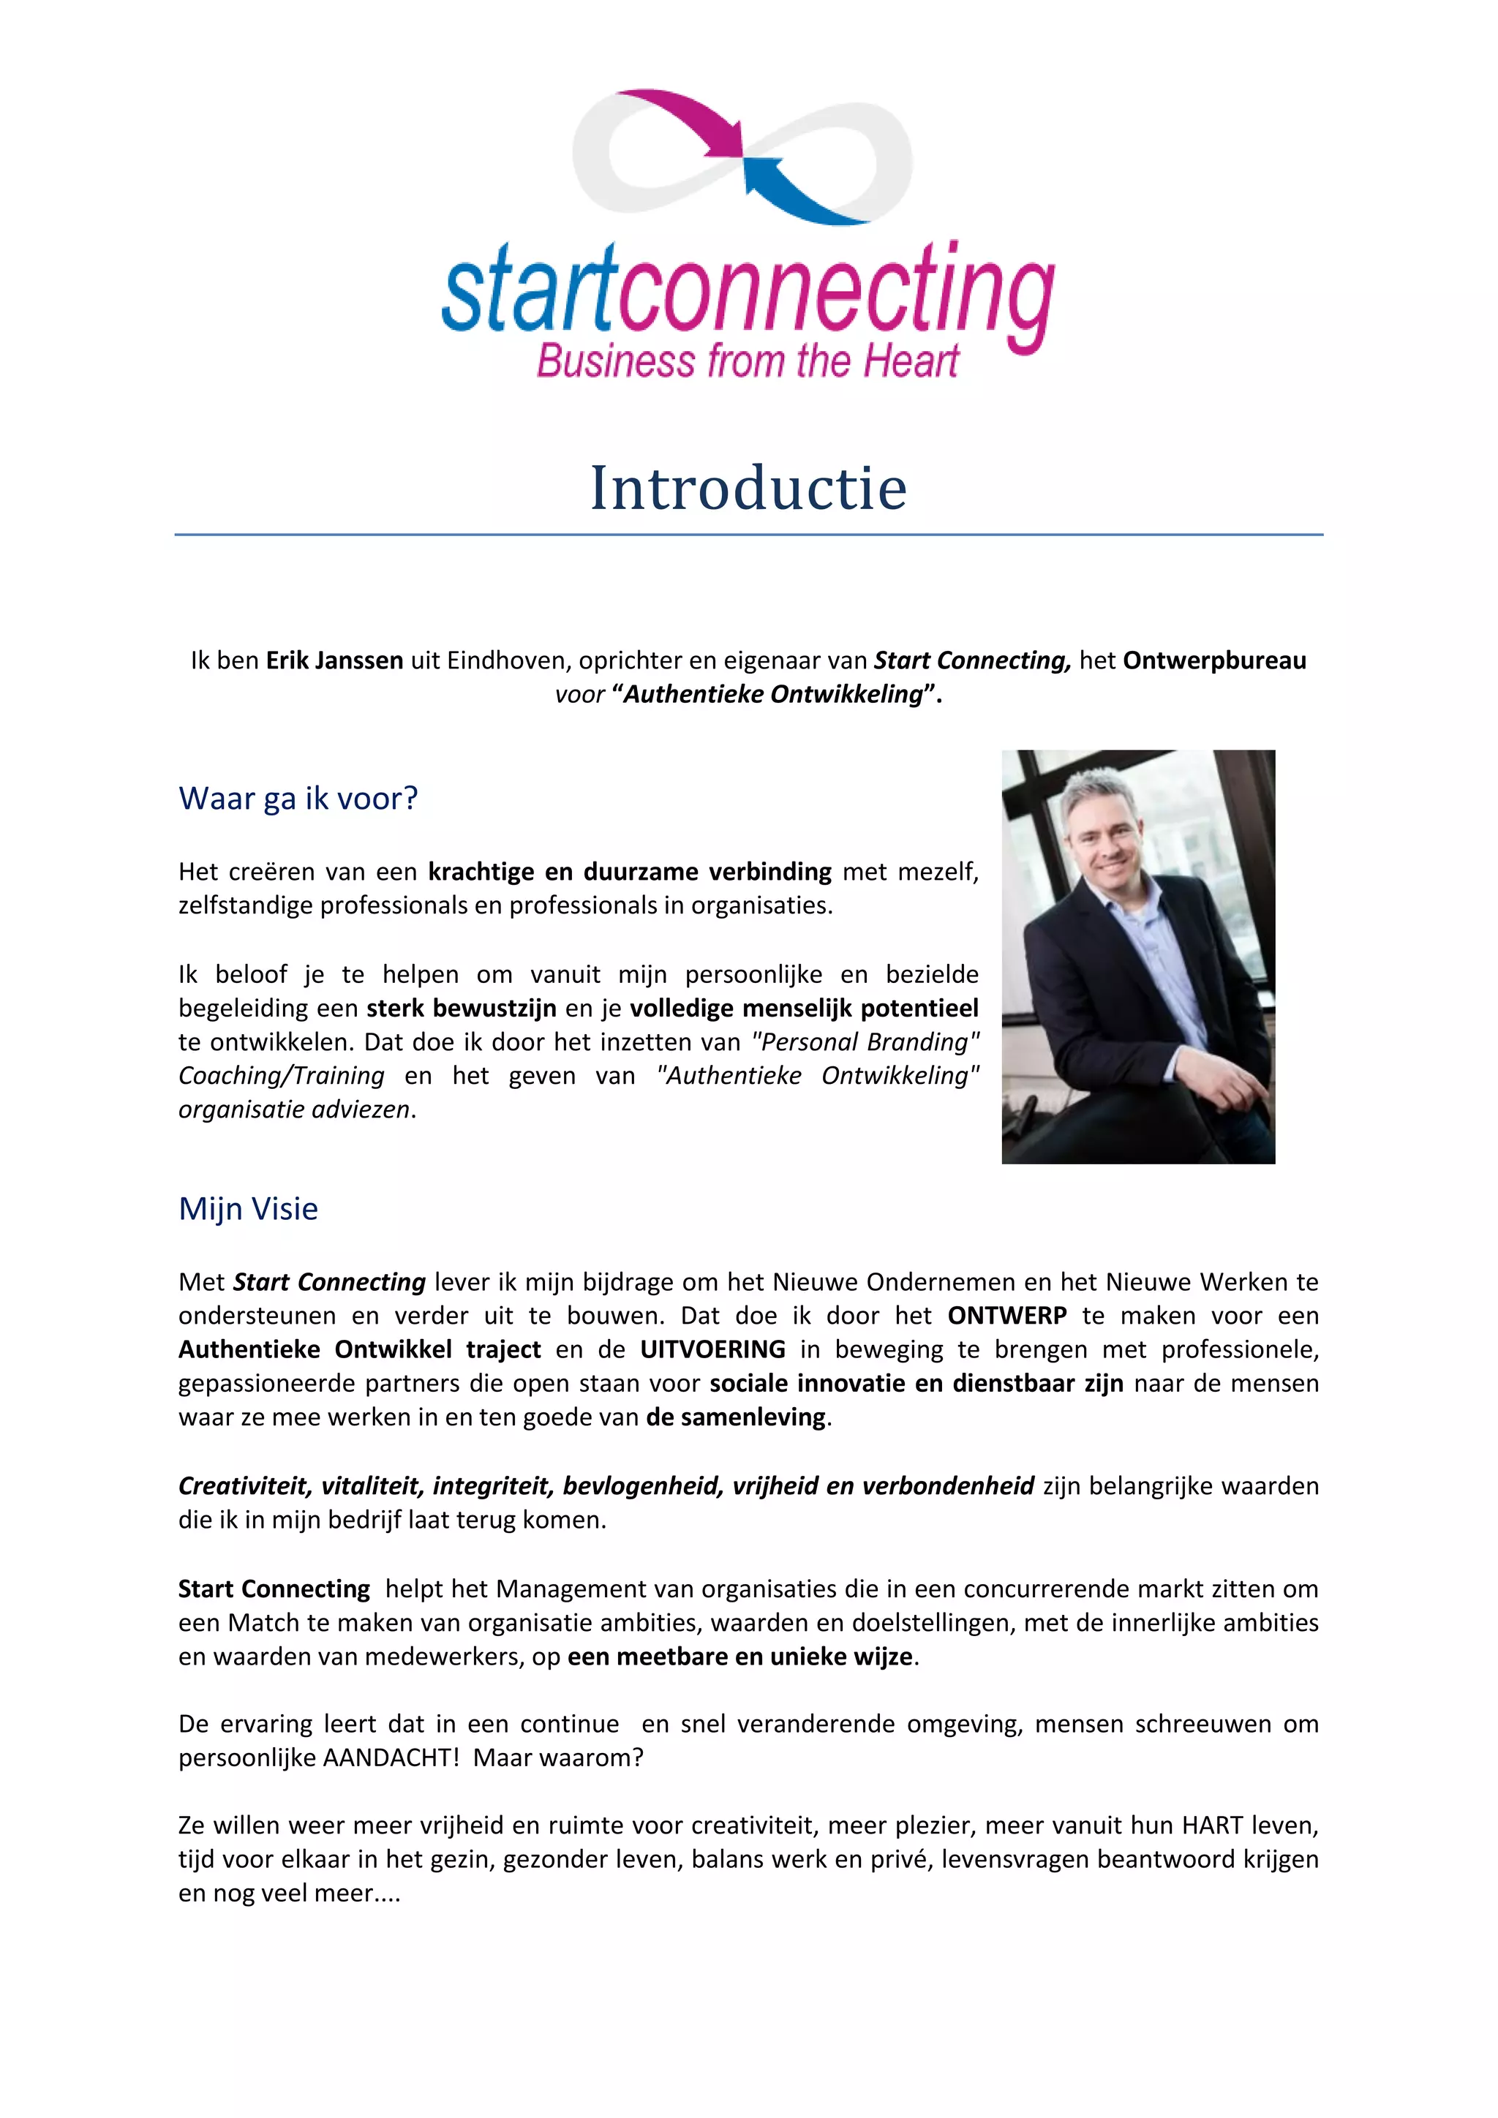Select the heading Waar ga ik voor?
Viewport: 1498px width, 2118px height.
pos(298,798)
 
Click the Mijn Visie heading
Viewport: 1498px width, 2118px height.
pos(248,1208)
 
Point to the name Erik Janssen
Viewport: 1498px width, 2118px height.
pos(335,660)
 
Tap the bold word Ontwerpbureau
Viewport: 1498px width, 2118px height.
pos(1214,660)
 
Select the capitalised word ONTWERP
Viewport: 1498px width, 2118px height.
pos(1007,1316)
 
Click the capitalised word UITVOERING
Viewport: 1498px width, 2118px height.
pos(713,1349)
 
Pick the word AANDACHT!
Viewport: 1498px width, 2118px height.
pos(390,1757)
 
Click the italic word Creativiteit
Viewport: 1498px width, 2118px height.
pos(244,1486)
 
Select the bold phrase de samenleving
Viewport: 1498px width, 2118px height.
pos(736,1417)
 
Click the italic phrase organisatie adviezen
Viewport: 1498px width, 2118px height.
pos(294,1109)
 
